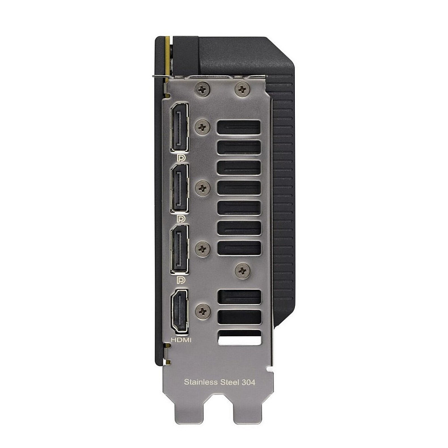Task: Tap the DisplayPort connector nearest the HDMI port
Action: (180, 248)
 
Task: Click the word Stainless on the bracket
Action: (201, 382)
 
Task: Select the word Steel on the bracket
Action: (230, 382)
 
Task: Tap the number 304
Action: (248, 382)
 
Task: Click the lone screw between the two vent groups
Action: (243, 271)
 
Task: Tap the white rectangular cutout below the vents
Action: (239, 338)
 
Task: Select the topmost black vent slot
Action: (239, 128)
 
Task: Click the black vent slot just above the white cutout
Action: (239, 318)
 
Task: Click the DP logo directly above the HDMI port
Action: (181, 280)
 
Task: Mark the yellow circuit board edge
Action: (166, 57)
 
